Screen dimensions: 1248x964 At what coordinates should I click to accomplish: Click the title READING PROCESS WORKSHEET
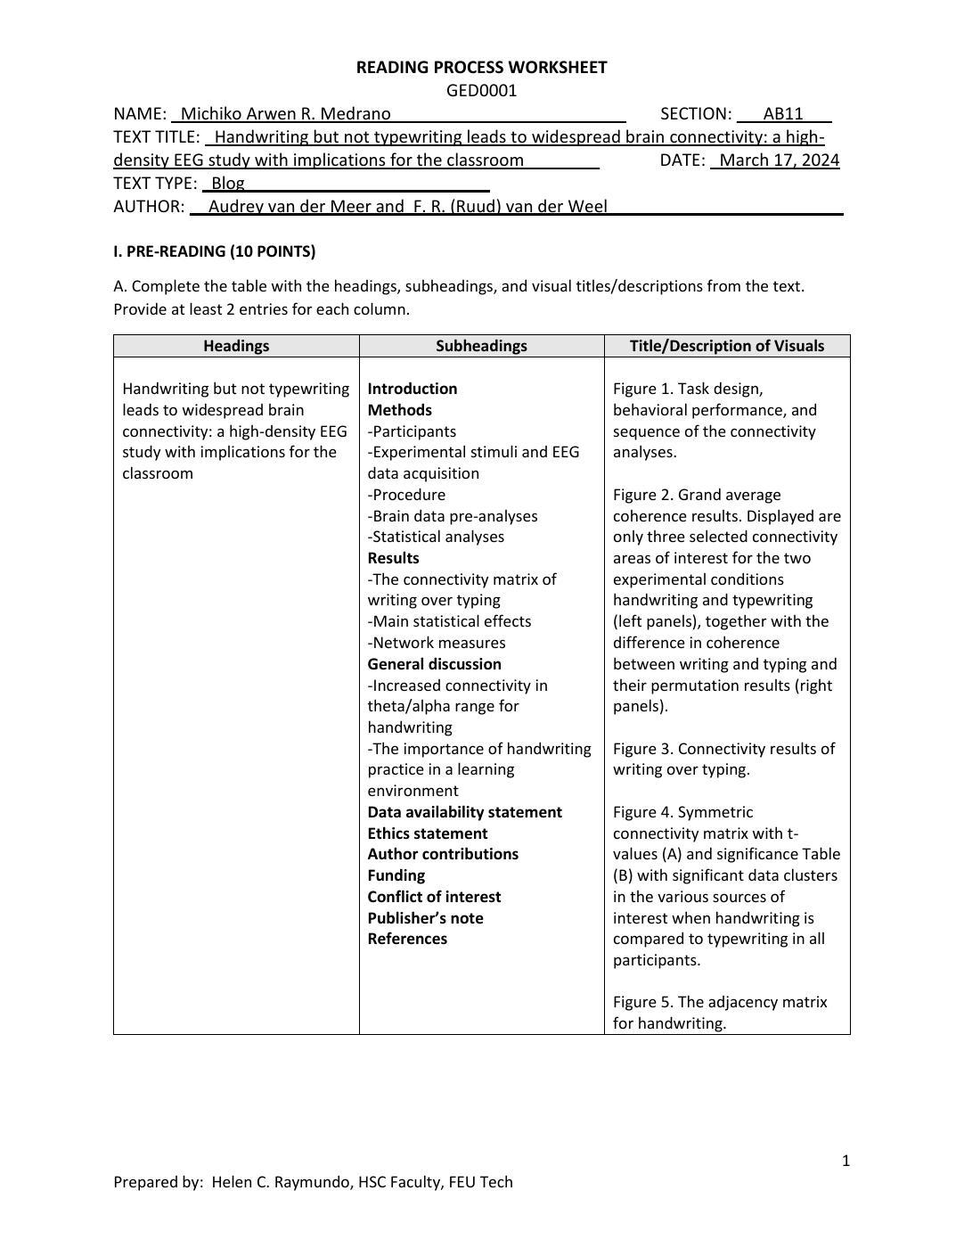point(481,67)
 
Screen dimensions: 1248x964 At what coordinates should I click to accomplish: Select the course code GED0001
point(481,90)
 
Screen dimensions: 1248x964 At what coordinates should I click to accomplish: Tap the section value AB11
point(783,113)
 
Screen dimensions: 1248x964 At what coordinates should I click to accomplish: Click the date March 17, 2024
point(779,160)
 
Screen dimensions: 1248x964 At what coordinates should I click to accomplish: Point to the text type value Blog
point(227,183)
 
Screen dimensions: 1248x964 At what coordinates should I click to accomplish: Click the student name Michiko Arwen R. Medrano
point(285,113)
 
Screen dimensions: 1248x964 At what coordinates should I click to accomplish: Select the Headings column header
point(236,346)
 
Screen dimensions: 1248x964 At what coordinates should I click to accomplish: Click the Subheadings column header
point(481,346)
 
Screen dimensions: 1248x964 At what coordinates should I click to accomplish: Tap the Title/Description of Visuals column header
point(727,346)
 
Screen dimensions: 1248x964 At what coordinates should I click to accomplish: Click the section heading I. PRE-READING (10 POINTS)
point(214,251)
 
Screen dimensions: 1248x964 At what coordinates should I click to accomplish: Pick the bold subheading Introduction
point(413,389)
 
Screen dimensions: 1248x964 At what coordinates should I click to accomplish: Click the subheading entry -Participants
point(412,431)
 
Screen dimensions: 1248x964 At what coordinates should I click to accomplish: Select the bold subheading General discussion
point(435,664)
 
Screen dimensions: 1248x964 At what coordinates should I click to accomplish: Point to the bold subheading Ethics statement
point(428,833)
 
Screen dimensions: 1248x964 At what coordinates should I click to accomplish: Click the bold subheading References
point(407,939)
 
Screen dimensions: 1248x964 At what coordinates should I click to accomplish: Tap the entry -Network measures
point(437,643)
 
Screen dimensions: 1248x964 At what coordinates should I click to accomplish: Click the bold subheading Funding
point(396,875)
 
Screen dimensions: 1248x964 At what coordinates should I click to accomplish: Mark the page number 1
point(846,1160)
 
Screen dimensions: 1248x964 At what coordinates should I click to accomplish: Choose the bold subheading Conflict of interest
point(434,897)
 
